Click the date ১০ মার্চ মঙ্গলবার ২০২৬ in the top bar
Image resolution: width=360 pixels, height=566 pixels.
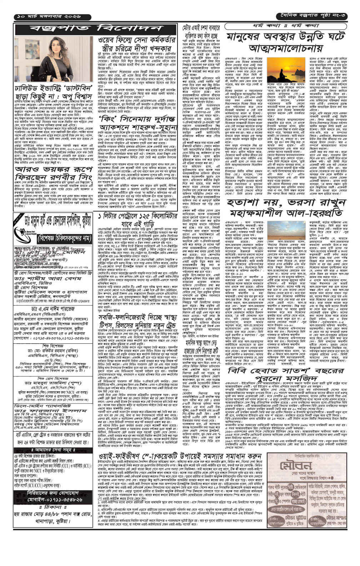point(47,16)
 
